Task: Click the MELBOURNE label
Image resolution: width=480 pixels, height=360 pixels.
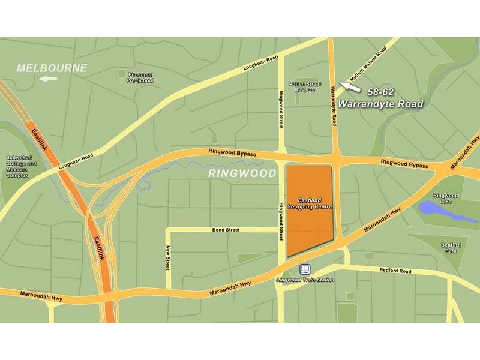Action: pyautogui.click(x=52, y=68)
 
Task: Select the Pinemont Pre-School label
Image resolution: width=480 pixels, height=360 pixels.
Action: pyautogui.click(x=140, y=77)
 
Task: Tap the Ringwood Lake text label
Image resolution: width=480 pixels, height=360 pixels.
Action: pyautogui.click(x=446, y=198)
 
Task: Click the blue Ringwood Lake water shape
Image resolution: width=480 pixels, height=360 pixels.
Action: pyautogui.click(x=437, y=209)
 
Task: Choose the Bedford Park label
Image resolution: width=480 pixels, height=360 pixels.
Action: pyautogui.click(x=451, y=248)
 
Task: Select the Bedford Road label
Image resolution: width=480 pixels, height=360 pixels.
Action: pyautogui.click(x=395, y=271)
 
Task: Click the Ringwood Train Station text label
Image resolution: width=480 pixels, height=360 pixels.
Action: pyautogui.click(x=305, y=280)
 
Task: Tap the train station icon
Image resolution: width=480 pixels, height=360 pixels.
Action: pyautogui.click(x=305, y=269)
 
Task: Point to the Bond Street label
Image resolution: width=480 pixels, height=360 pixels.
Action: pyautogui.click(x=226, y=230)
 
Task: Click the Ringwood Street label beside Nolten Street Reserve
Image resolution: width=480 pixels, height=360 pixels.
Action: pyautogui.click(x=280, y=109)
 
